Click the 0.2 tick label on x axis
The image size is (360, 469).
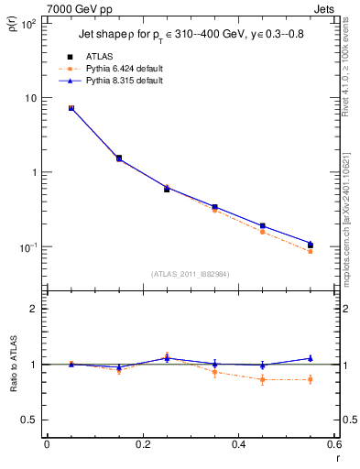[x=143, y=444]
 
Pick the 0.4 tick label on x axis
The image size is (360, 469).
[x=239, y=444]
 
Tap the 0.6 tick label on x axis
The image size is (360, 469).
[x=333, y=444]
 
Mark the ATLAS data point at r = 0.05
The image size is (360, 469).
[x=71, y=108]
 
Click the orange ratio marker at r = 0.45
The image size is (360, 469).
[x=262, y=379]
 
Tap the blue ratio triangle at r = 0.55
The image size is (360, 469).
[x=311, y=358]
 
